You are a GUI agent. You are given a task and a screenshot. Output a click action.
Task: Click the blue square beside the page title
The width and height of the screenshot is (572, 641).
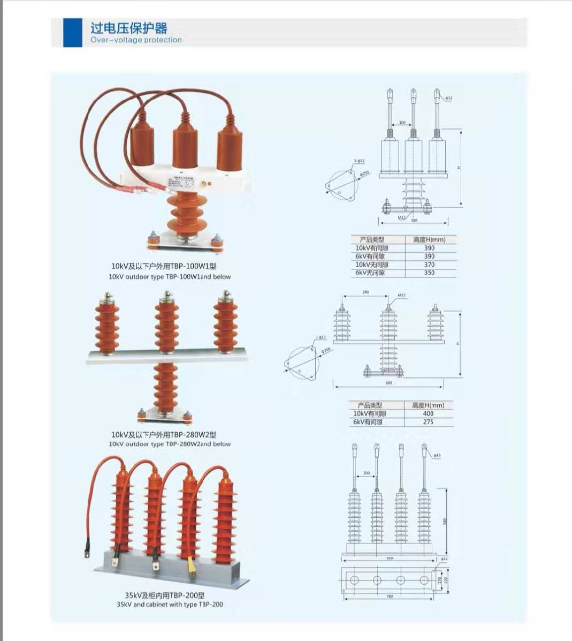coord(73,33)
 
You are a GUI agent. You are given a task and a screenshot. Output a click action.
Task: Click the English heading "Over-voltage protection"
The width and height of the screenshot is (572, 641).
coord(136,40)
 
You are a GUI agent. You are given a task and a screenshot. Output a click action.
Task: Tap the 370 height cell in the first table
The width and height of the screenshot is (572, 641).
coord(429,265)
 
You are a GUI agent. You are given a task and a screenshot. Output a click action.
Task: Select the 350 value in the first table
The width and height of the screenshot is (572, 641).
coord(429,273)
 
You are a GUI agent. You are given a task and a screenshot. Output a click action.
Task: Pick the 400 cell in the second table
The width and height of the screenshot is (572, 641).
coord(428,413)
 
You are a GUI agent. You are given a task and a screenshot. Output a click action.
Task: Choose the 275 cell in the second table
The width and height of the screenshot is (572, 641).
coord(428,422)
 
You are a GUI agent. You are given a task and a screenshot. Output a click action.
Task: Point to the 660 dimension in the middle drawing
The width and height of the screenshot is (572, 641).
coord(389,383)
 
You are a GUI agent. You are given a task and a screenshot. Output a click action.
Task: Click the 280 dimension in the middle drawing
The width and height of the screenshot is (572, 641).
coord(366,292)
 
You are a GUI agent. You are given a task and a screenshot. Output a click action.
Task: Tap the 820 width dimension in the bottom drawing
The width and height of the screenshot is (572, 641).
coord(390,558)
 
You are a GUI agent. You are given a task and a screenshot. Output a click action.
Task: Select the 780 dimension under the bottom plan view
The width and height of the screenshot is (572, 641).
coord(390,597)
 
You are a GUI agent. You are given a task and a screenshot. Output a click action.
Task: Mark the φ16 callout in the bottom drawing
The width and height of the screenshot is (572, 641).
coord(437,456)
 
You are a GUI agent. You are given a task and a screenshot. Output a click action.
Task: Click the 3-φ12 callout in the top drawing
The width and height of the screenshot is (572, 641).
coord(359,161)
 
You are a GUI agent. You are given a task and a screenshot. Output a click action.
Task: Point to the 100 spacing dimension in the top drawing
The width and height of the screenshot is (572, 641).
coord(402,123)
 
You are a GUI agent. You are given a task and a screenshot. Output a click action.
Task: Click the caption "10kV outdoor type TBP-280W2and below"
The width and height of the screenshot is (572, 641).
coord(170,444)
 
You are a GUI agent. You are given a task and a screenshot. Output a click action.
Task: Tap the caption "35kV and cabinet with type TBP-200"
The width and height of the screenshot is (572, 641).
coord(170,604)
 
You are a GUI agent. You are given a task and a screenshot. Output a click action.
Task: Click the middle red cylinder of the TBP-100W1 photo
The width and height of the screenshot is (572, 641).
coord(184,147)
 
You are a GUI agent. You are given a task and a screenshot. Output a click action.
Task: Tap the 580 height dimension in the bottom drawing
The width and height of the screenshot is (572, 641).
coord(445,521)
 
